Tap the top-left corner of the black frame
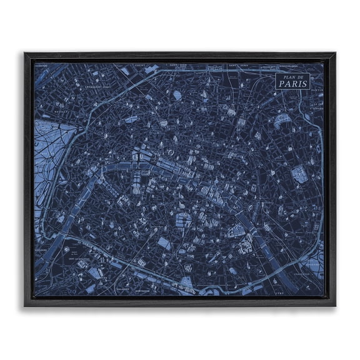pos(26,54)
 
